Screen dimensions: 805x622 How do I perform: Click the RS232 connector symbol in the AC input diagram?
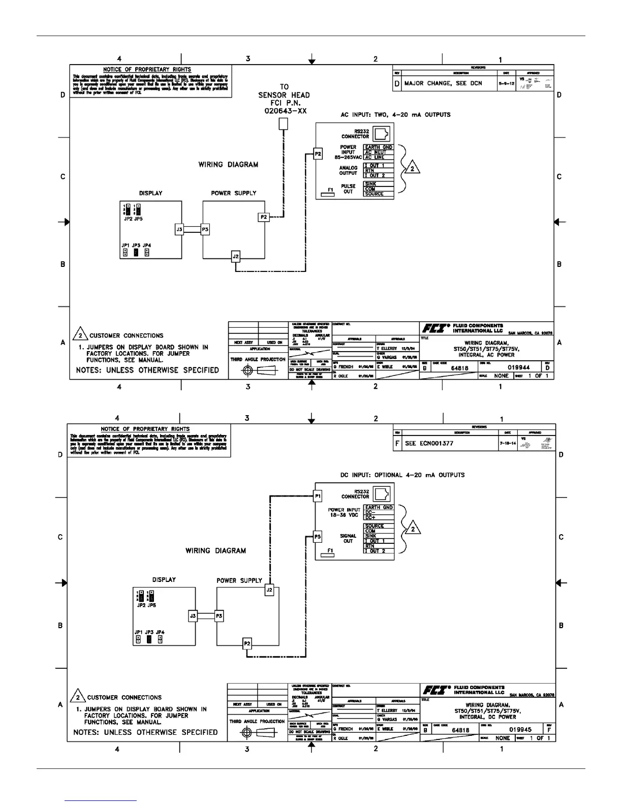(382, 134)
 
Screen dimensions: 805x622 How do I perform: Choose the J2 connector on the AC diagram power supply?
(235, 257)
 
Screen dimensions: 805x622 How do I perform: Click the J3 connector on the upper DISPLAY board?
(179, 230)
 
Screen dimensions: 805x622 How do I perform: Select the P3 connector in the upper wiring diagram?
(205, 230)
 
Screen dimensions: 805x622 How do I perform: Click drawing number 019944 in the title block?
(517, 367)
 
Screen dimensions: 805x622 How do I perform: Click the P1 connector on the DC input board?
(318, 496)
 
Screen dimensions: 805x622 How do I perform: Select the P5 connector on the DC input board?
(318, 536)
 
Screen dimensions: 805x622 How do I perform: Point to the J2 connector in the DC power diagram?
(269, 590)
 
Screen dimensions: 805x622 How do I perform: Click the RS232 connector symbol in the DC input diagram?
(382, 494)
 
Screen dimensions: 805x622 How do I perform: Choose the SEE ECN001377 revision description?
(429, 443)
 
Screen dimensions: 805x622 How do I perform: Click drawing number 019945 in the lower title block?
(520, 729)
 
